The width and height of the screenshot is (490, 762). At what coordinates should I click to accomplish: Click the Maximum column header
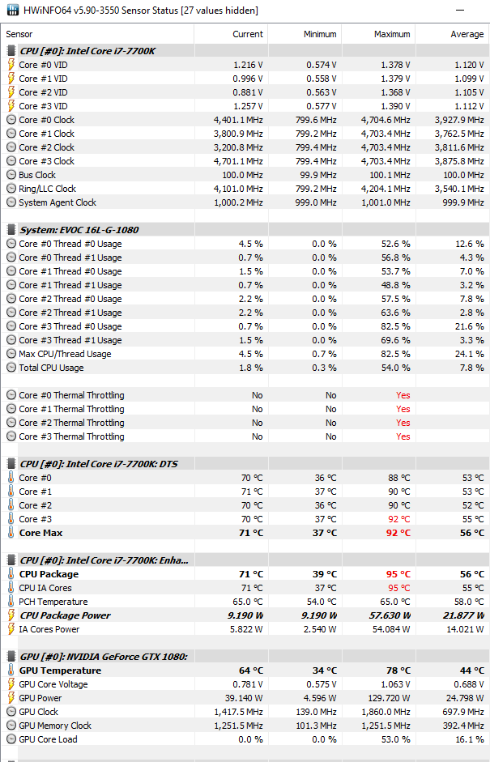point(392,34)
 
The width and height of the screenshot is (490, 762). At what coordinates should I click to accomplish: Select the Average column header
point(467,34)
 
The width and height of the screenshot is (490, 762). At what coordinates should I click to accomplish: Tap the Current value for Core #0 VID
point(248,65)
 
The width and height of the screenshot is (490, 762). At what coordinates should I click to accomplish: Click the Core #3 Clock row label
point(47,161)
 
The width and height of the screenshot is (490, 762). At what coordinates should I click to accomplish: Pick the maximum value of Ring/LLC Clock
point(386,189)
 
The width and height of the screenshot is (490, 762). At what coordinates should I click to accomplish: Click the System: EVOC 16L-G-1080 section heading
point(79,230)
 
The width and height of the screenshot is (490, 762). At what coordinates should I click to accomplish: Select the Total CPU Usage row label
point(51,368)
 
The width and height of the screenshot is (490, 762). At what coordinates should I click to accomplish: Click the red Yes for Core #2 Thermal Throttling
point(403,423)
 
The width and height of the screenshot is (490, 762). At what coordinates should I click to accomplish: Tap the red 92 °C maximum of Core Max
point(398,533)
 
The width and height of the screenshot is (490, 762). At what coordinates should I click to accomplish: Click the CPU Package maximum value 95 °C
point(398,574)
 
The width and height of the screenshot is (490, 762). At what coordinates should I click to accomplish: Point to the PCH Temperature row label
point(53,602)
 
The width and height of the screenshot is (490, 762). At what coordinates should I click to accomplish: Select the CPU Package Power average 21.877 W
point(464,615)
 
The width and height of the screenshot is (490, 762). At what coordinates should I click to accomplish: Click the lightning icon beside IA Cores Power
point(11,629)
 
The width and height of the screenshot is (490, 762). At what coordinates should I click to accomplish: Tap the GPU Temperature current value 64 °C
point(251,670)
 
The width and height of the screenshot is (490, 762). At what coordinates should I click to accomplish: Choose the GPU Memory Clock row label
point(55,726)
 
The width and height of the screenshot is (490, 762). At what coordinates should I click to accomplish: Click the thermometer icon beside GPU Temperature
point(11,670)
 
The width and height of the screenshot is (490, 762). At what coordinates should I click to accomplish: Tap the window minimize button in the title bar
point(460,11)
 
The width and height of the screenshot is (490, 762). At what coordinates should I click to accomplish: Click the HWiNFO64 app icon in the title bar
point(13,10)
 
